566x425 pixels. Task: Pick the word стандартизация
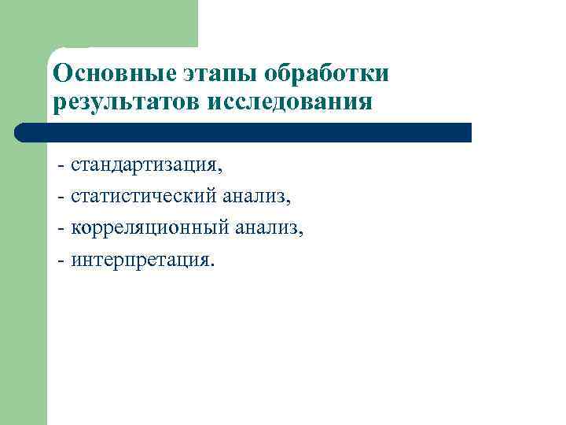click(144, 165)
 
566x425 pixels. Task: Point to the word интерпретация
click(139, 260)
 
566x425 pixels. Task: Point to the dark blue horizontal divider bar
click(252, 132)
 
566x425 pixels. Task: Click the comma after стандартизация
click(221, 171)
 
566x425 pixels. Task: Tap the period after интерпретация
click(210, 264)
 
